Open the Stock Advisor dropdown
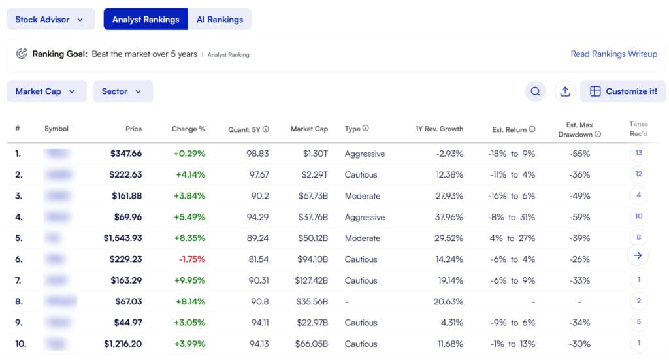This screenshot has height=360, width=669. pos(50,20)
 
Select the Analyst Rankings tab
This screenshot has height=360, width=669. pos(145,20)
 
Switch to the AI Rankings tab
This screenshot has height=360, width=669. pos(220,20)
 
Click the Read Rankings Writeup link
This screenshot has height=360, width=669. pos(613,54)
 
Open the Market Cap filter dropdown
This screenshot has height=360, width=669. pos(46,91)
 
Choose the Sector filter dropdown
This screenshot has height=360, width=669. pos(122,91)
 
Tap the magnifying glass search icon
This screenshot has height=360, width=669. pos(535,91)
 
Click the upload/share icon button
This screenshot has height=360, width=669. pos(565,91)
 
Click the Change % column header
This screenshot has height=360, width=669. pos(188,129)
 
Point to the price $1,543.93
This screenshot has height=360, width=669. pos(123,238)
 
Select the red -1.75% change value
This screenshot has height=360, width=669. pos(192,259)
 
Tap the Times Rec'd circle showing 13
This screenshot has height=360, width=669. pos(638,153)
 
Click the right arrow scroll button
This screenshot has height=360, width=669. pos(638,255)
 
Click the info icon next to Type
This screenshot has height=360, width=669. pos(365,128)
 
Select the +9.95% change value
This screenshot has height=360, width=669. pos(189,280)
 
